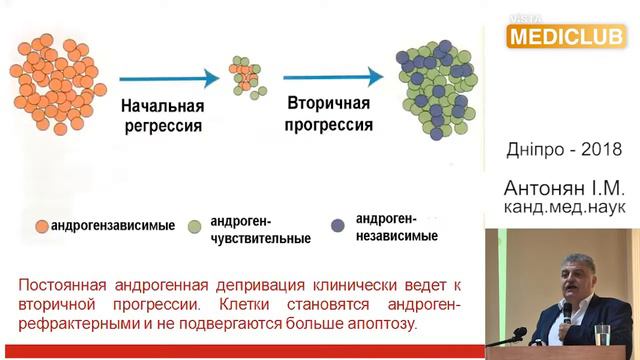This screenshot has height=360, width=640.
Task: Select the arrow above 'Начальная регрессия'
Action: coord(167,78)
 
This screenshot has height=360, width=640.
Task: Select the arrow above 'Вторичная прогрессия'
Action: coord(332,76)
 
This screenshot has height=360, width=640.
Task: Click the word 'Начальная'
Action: coord(162,107)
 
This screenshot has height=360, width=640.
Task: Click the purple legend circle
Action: coord(340,221)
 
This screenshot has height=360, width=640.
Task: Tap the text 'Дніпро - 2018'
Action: coord(565,149)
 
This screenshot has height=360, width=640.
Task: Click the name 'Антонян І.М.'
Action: coord(565,188)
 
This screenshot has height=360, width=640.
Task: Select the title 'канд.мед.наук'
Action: coord(565,207)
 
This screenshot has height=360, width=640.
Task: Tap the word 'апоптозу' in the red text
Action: coord(379,324)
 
